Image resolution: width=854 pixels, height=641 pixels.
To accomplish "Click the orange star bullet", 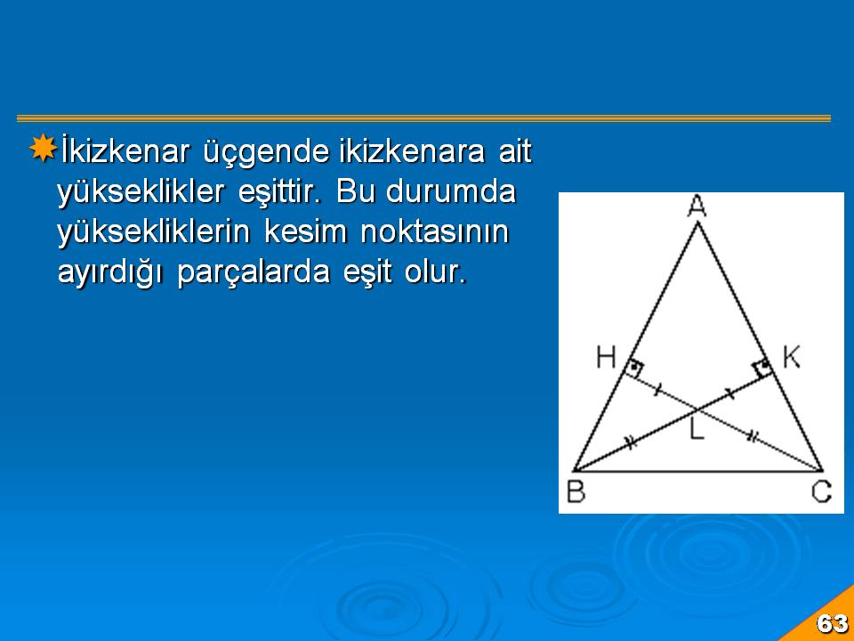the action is [43, 148].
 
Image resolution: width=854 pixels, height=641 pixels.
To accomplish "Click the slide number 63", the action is [833, 623].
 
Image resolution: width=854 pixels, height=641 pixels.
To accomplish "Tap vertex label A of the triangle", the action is [697, 207].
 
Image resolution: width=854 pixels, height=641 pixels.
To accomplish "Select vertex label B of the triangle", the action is [576, 491].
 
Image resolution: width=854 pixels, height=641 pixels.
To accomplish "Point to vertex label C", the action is [821, 491].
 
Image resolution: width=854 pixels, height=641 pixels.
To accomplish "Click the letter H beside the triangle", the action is [606, 358].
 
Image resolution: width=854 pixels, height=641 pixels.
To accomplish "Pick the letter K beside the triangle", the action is [792, 358].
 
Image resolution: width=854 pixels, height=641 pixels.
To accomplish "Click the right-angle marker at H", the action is [634, 369].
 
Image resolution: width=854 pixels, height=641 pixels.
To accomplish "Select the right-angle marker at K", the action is [763, 368].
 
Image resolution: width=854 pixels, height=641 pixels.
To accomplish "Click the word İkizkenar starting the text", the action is [125, 151].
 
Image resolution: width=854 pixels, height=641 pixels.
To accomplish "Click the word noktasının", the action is [435, 231].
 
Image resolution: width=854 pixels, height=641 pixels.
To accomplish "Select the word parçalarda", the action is [254, 273].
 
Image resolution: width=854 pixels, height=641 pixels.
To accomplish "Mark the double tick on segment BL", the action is [630, 442].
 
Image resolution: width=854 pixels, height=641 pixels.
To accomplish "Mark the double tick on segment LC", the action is [753, 435].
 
